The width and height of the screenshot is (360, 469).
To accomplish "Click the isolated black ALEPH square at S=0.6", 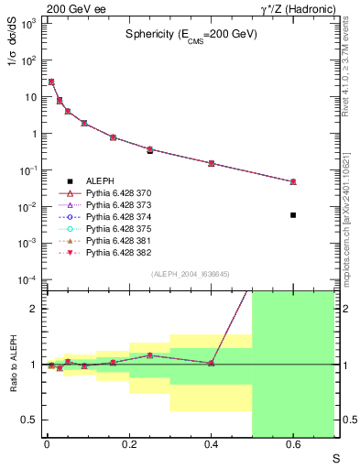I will [x=293, y=215].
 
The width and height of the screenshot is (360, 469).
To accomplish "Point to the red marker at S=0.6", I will [x=293, y=181].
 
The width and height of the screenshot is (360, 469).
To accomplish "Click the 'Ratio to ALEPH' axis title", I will [x=13, y=365].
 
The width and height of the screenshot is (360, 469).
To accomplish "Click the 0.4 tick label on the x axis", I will [x=211, y=445].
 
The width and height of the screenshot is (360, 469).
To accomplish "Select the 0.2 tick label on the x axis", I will [x=129, y=445].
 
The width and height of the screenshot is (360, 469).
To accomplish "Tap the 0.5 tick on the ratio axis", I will [x=31, y=420].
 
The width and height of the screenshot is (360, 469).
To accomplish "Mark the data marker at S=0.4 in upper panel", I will [x=211, y=163].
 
